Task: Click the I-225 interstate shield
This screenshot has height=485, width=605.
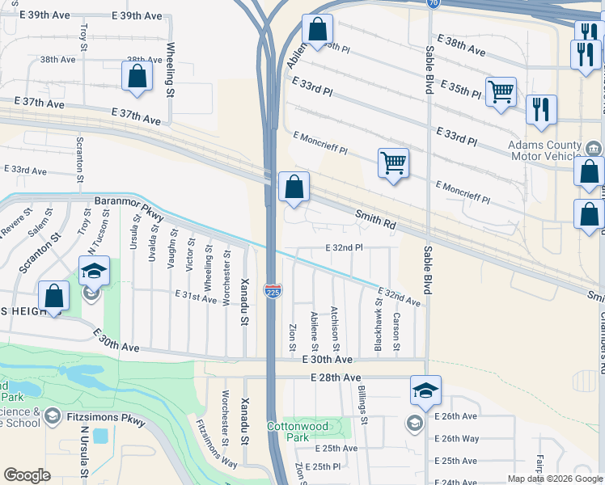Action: (273, 290)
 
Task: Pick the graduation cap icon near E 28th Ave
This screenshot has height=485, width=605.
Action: (425, 390)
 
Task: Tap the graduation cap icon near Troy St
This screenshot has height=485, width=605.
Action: (94, 270)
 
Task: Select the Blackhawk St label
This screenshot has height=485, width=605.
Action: (378, 323)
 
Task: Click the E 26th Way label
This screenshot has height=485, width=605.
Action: (457, 438)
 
